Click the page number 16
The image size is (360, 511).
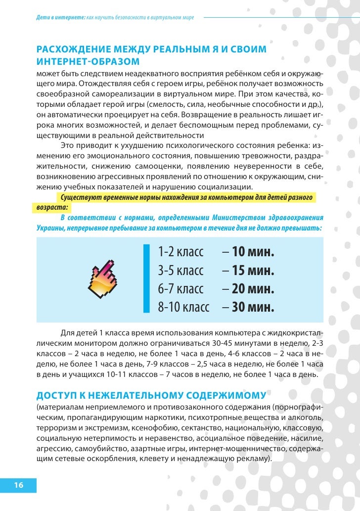pyautogui.click(x=19, y=485)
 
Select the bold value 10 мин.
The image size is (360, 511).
pyautogui.click(x=253, y=252)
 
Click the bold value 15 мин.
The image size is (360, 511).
pyautogui.click(x=253, y=271)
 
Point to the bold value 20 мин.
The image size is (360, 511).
pyautogui.click(x=253, y=289)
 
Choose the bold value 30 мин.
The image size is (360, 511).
pyautogui.click(x=253, y=307)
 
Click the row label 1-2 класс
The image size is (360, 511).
pyautogui.click(x=180, y=252)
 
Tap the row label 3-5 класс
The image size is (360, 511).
pyautogui.click(x=180, y=271)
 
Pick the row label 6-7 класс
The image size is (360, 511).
pyautogui.click(x=180, y=289)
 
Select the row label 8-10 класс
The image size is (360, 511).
pyautogui.click(x=183, y=307)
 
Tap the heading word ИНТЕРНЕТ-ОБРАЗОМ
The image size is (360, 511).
pyautogui.click(x=88, y=61)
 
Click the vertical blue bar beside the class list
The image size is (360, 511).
pyautogui.click(x=146, y=279)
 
